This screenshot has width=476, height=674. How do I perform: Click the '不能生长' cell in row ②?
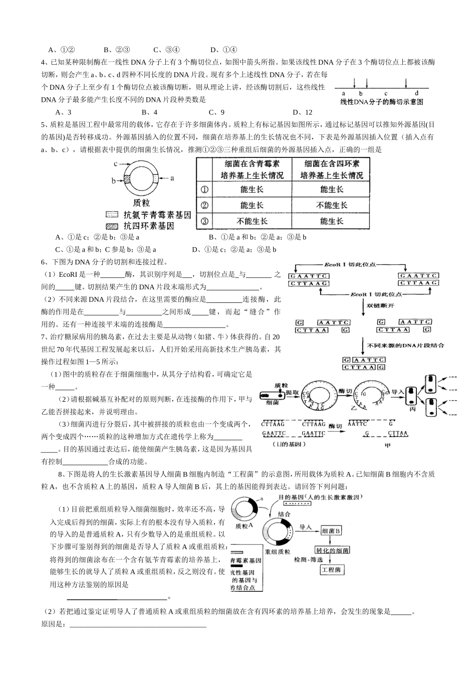(331, 205)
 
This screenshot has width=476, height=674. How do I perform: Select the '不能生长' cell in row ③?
(252, 221)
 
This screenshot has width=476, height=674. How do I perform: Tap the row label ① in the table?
(204, 190)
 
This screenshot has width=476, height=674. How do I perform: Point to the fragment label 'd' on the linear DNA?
(416, 93)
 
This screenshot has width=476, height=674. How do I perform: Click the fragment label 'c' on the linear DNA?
(386, 93)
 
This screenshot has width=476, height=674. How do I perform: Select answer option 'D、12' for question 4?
(302, 112)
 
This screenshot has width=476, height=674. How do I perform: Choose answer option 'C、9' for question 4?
(216, 112)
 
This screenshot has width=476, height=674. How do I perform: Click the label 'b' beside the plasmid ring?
(113, 181)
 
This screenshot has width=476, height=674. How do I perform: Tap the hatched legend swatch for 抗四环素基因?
(111, 227)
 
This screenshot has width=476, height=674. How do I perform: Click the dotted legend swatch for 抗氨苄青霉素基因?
(111, 215)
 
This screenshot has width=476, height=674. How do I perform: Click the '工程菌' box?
(331, 570)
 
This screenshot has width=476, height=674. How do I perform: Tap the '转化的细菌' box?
(332, 550)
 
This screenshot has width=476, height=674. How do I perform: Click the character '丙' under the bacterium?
(412, 409)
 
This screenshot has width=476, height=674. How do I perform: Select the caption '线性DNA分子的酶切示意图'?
(382, 102)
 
